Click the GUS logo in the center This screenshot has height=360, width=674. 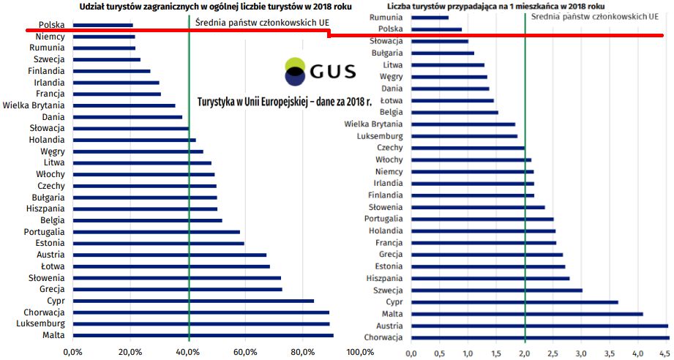[x=320, y=71]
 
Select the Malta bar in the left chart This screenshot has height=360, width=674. [x=203, y=335]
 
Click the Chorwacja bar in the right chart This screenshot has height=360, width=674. [x=540, y=337]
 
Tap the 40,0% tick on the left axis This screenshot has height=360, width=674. [x=188, y=353]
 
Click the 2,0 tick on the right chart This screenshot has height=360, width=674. [x=525, y=354]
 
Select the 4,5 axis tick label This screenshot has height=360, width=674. [x=667, y=354]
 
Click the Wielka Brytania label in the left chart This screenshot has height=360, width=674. [x=34, y=105]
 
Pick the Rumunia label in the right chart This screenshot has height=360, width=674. [x=386, y=18]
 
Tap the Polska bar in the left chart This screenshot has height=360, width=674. [x=103, y=26]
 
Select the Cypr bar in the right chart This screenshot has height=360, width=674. [x=514, y=302]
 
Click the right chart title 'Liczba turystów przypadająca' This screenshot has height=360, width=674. [x=495, y=7]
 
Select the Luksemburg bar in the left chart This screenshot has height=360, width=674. [x=201, y=324]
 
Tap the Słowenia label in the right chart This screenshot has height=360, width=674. [x=385, y=207]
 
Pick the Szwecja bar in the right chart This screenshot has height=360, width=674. [x=497, y=290]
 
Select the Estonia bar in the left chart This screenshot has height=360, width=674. [x=159, y=243]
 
